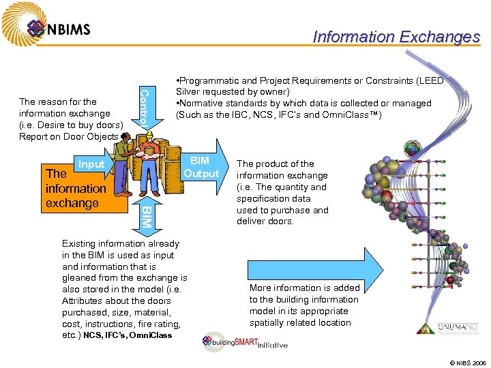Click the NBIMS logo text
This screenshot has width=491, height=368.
click(x=69, y=29)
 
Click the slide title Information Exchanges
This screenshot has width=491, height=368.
click(x=396, y=37)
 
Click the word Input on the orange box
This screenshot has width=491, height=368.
click(x=91, y=164)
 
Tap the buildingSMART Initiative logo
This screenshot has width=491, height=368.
click(x=244, y=343)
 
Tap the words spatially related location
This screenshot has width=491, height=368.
click(x=300, y=322)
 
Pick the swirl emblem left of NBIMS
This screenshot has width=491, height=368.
click(x=36, y=28)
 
